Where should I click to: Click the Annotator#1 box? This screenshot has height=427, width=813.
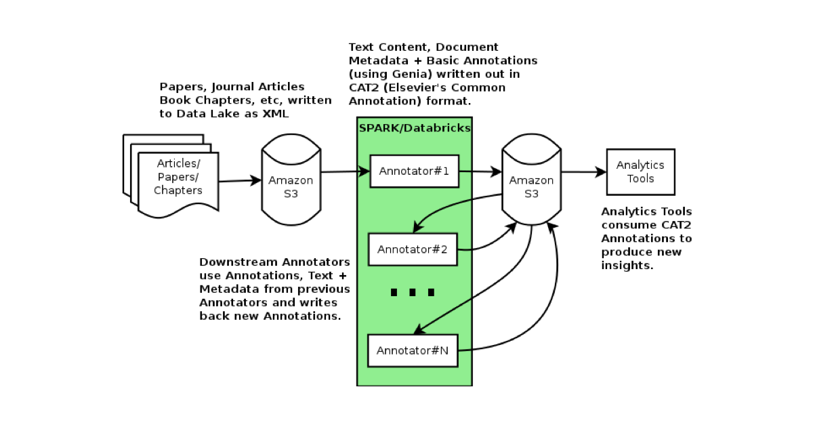click(x=414, y=171)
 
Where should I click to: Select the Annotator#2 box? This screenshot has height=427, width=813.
click(x=413, y=249)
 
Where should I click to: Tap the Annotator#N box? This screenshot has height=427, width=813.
click(x=413, y=350)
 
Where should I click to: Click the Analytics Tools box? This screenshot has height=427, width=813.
click(x=640, y=171)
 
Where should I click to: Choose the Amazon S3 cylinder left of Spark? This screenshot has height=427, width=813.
click(x=291, y=180)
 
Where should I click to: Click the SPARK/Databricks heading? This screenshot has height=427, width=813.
click(x=415, y=128)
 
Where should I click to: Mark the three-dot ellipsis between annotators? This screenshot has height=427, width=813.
click(x=413, y=293)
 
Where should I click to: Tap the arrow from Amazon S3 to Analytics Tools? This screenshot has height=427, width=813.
click(x=583, y=172)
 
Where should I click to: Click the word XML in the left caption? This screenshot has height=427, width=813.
click(x=275, y=114)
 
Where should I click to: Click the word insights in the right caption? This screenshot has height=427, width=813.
click(x=625, y=265)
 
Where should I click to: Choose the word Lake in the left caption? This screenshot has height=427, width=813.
click(x=227, y=114)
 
